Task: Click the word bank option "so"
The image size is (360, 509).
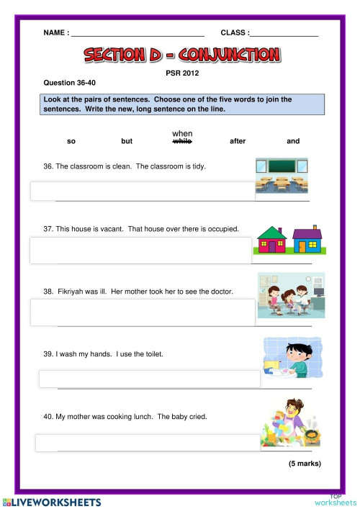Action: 71,141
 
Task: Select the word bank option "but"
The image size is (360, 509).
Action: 127,141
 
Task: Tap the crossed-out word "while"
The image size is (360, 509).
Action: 182,142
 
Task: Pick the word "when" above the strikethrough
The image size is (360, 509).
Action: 182,133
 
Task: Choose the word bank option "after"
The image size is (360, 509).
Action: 238,141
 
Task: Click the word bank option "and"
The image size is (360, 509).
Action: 293,141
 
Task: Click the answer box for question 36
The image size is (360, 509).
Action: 142,191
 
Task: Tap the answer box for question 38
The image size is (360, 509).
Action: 142,312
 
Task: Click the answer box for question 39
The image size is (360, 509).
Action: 149,379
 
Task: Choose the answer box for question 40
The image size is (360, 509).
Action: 148,442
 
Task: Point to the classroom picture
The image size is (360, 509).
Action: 282,176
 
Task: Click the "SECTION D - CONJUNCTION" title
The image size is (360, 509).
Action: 181,55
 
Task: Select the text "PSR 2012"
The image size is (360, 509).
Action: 181,73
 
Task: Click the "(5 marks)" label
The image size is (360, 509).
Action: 305,463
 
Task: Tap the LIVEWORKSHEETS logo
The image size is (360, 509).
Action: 52,501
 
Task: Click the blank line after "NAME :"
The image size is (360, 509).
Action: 138,33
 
